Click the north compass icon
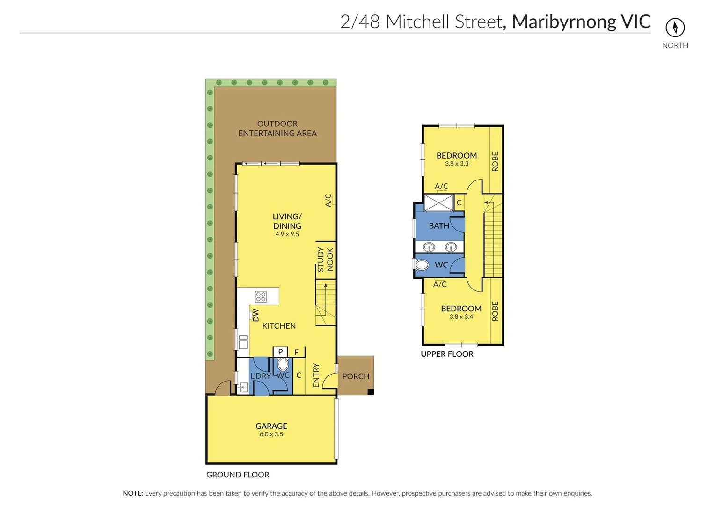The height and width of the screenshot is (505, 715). [675, 27]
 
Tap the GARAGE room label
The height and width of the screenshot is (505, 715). [271, 426]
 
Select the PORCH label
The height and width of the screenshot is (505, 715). [356, 376]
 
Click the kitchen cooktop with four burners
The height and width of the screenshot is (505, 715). [261, 296]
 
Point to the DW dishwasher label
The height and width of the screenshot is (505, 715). [255, 315]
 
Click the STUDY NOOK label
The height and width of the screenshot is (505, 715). [325, 260]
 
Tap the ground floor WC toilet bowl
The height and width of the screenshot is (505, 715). [283, 364]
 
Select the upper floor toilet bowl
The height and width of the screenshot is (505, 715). [422, 265]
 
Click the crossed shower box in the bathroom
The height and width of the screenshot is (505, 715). [438, 203]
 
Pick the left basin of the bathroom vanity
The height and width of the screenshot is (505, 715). [429, 247]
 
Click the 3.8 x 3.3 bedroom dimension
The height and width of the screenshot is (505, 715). [457, 164]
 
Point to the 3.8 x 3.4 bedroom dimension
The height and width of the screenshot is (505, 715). [461, 317]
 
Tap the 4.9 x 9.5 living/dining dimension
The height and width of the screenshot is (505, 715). [287, 234]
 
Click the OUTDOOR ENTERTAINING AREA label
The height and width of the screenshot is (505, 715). [277, 129]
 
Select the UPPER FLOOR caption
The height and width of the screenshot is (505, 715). [447, 354]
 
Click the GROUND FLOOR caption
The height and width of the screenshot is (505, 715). [238, 475]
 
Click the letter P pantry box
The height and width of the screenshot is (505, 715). [280, 352]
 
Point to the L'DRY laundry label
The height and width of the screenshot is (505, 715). [260, 376]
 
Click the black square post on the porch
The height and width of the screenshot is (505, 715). [371, 392]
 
